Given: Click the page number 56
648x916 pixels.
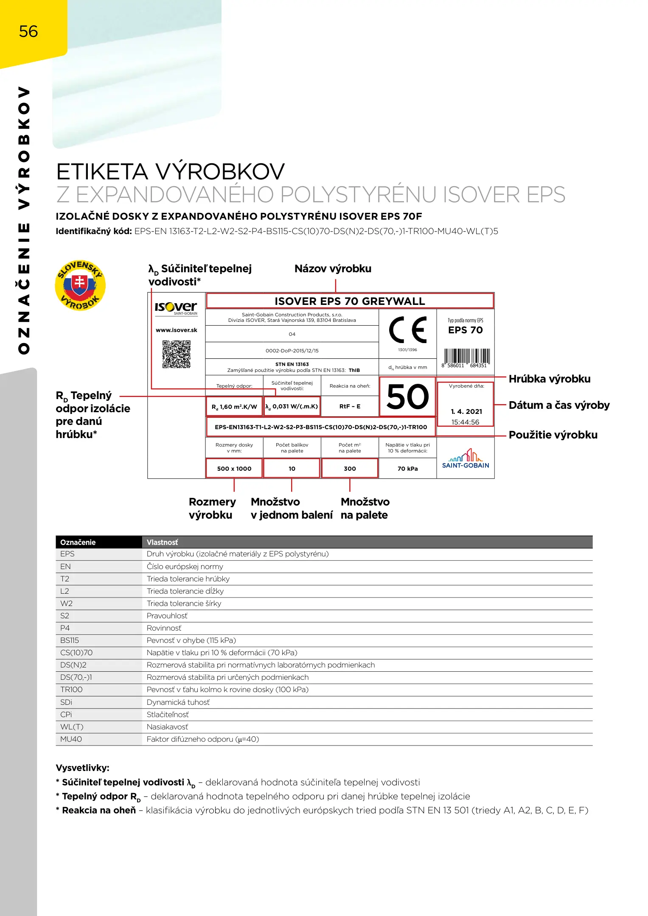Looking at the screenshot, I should click(x=28, y=31).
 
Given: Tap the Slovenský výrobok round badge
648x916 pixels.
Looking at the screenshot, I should click(x=80, y=285).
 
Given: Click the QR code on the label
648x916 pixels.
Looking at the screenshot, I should click(x=177, y=354).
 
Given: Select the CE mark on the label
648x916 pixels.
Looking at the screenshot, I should click(x=407, y=330).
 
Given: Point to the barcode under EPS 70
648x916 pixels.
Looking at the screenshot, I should click(x=466, y=357).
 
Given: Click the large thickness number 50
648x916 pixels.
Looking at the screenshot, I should click(x=407, y=397).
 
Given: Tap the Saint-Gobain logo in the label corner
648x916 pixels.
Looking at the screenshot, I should click(x=466, y=459).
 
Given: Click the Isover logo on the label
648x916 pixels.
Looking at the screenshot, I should click(x=176, y=307).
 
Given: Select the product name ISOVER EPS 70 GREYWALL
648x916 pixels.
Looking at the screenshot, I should click(x=350, y=301).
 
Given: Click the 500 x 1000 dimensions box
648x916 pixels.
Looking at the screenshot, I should click(x=234, y=469).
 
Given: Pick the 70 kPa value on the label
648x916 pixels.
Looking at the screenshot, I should click(x=407, y=469).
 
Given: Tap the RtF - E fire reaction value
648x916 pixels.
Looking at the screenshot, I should click(x=350, y=406).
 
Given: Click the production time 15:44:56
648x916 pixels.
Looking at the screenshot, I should click(x=465, y=422).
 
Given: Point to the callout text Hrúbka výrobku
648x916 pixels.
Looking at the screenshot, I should click(x=550, y=379).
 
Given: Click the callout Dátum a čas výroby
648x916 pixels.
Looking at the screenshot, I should click(x=559, y=405).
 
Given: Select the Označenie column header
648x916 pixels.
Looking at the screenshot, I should click(x=78, y=542).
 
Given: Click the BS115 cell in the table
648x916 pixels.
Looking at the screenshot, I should click(x=70, y=640).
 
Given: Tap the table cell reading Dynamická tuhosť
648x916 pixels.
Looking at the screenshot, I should click(x=178, y=702).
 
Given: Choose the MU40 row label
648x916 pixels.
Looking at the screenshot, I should click(x=71, y=739).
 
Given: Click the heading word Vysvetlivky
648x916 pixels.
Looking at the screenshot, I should click(x=82, y=768).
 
